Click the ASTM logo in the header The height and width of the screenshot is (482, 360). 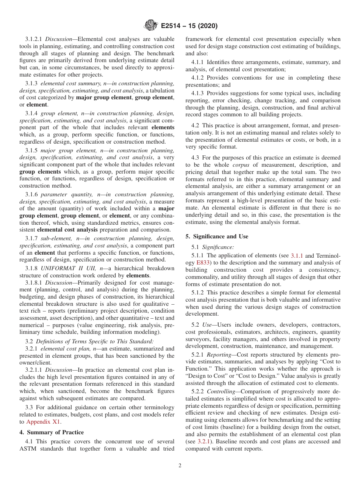click(151, 26)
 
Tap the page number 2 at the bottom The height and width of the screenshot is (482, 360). click(180, 466)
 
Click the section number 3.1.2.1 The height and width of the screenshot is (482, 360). click(34, 39)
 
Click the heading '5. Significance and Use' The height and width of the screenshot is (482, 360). click(217, 236)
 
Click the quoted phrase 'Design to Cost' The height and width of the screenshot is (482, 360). click(205, 376)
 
